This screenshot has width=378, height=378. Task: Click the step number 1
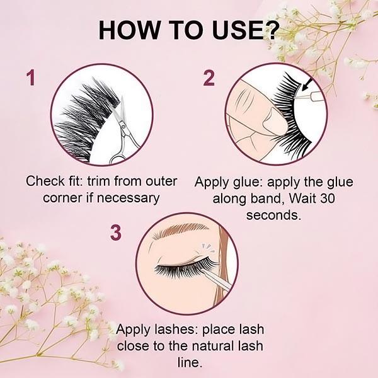(31, 77)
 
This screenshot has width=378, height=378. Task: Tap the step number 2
(209, 77)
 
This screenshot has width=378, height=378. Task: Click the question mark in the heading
(270, 30)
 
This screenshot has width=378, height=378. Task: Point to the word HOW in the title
(129, 30)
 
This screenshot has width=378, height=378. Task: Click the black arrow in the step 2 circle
(307, 84)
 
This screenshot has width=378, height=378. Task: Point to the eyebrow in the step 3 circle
(180, 229)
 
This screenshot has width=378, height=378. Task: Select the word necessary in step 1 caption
(128, 198)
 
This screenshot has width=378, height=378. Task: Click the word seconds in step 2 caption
(273, 215)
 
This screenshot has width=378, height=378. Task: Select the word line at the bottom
(190, 362)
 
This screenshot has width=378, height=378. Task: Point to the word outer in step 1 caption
(161, 181)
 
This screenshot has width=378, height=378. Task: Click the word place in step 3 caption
(215, 329)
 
